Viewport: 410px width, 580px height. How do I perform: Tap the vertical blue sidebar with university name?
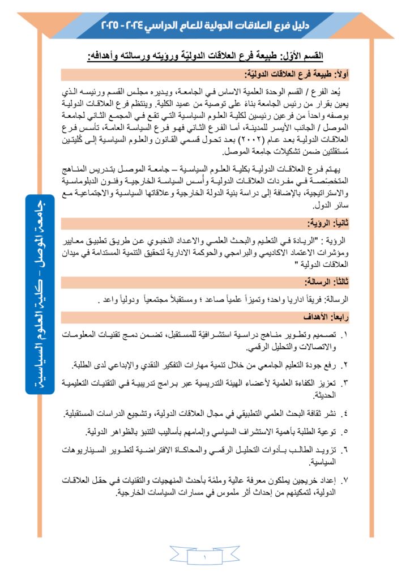point(39,294)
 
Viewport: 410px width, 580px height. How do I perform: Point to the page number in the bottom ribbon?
point(205,557)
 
